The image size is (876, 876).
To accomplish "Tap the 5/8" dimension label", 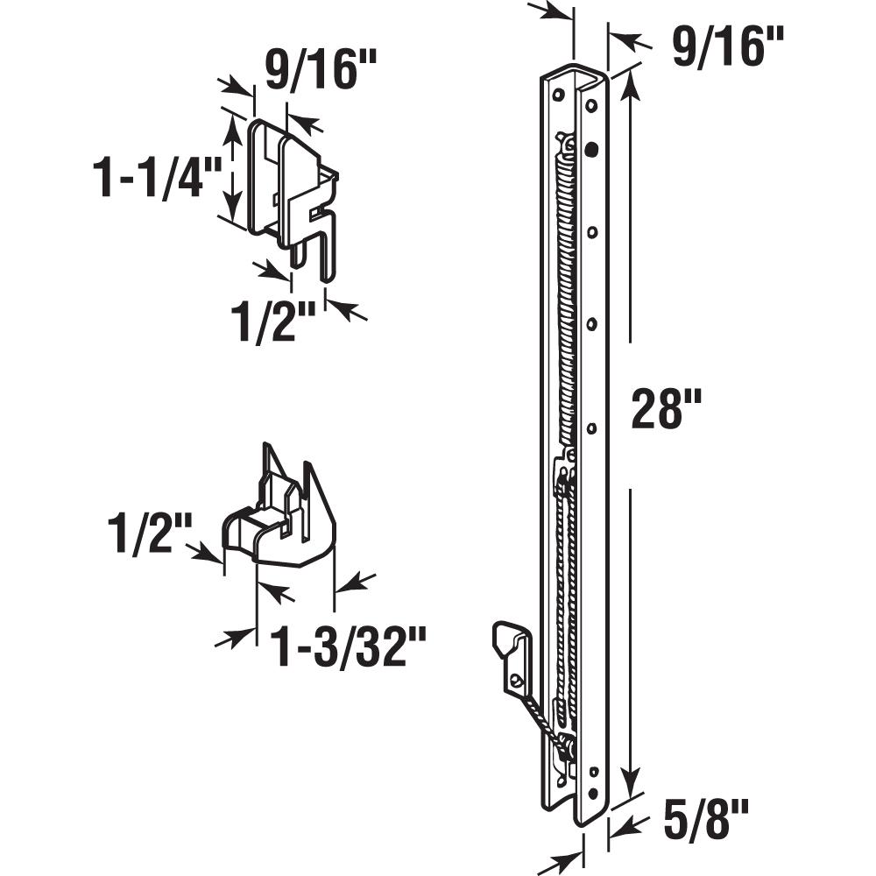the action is (706, 819).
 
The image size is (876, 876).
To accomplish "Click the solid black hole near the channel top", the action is (591, 149).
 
